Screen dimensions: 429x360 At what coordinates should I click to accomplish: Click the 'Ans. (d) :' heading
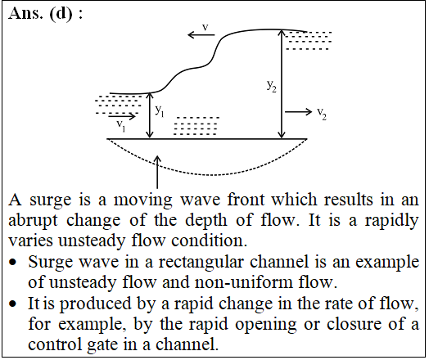tap(45, 14)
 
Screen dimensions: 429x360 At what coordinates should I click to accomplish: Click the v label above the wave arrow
tap(205, 27)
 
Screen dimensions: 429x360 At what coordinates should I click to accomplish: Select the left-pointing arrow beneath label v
tap(201, 34)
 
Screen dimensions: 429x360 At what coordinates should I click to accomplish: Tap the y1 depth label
tap(160, 110)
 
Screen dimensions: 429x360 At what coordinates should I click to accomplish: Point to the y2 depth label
tap(272, 86)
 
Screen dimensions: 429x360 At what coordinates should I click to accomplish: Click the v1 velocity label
tap(121, 125)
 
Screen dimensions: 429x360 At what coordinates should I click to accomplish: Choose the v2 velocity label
tap(322, 113)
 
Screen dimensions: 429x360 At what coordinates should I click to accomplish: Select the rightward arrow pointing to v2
tap(298, 111)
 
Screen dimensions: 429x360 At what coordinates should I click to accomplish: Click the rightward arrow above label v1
tap(122, 116)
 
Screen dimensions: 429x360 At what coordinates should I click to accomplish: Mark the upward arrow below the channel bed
tap(157, 172)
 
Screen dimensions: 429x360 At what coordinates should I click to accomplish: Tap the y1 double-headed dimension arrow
tap(150, 115)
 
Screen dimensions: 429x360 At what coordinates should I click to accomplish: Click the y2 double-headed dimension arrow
tap(282, 84)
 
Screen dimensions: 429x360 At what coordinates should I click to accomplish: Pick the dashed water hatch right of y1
tap(196, 126)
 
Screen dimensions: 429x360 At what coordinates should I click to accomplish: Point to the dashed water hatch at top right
tap(308, 41)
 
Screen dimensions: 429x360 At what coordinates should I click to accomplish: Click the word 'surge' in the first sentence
tap(51, 200)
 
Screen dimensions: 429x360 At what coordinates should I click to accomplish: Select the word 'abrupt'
tap(33, 221)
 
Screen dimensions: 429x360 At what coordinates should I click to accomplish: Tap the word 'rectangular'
tap(201, 263)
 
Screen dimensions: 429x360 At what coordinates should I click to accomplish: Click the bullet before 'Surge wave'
tap(12, 263)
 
